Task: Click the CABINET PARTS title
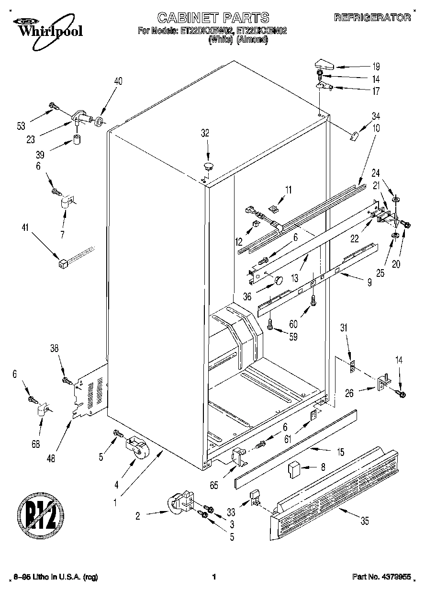[213, 18]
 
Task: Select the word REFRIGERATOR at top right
[372, 18]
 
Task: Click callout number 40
[118, 81]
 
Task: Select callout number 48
[51, 458]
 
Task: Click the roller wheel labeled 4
[136, 449]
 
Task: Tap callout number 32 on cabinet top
[205, 134]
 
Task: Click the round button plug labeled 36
[278, 280]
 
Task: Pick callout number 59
[293, 337]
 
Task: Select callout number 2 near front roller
[137, 516]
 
